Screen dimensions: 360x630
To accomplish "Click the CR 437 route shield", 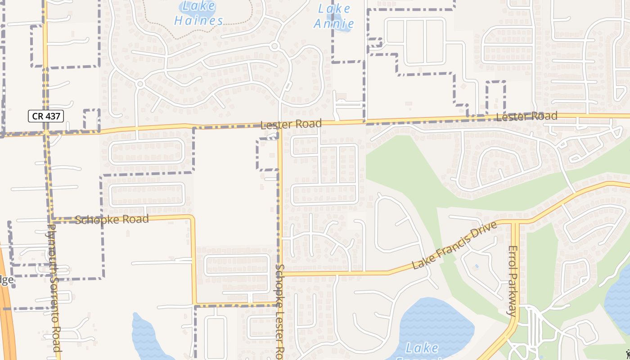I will click(x=46, y=116).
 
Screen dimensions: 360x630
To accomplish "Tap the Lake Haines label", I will click(x=198, y=14).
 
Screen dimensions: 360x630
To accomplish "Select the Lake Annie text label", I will click(x=334, y=16).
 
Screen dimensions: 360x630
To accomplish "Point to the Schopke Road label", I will click(x=112, y=220).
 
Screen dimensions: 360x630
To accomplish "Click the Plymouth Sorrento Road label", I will click(x=54, y=288).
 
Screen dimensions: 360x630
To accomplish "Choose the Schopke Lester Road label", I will click(x=280, y=310).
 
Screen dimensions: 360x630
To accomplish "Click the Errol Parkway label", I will click(x=513, y=281).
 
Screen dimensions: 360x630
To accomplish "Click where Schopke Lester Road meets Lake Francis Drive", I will click(x=280, y=273).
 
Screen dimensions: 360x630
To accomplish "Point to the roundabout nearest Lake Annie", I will click(x=274, y=46).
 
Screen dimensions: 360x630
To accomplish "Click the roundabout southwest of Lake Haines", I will click(x=140, y=84).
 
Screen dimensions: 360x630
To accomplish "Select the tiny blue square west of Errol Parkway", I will click(x=477, y=266).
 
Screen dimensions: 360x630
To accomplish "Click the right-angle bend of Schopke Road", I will click(x=193, y=218).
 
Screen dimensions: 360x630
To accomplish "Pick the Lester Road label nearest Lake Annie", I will click(x=291, y=124).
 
